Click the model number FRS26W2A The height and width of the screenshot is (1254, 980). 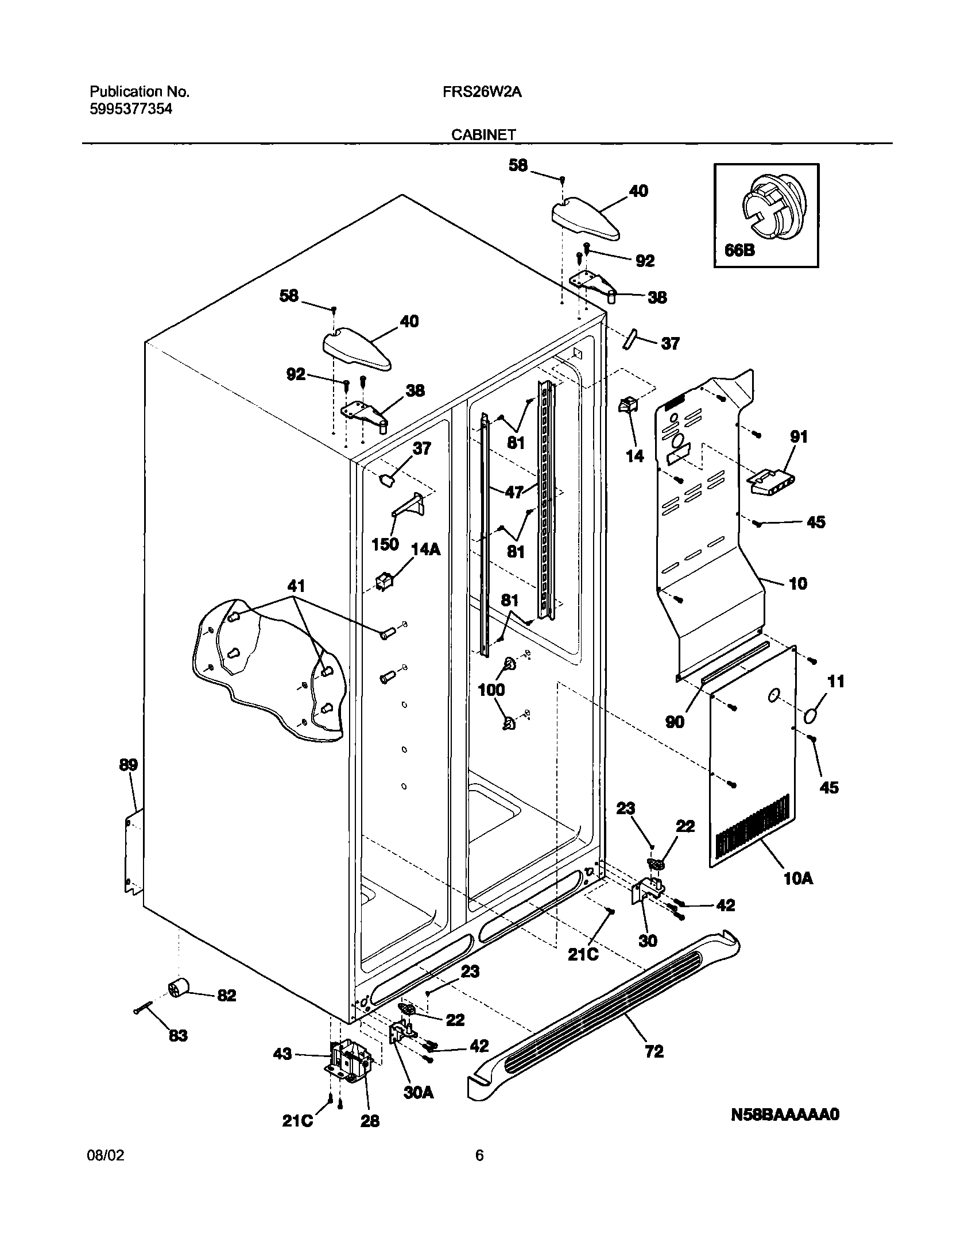[x=482, y=92]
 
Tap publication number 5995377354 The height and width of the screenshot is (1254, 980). [x=130, y=109]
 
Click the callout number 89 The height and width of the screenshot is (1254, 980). [x=129, y=765]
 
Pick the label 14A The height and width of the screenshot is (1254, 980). [x=425, y=549]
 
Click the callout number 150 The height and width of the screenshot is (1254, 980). [x=385, y=544]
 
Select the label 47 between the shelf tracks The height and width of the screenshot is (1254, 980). [x=514, y=492]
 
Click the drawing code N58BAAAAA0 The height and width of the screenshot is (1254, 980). [x=785, y=1131]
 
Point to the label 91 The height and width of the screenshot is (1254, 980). [x=799, y=437]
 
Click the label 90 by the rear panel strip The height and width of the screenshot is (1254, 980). [x=675, y=722]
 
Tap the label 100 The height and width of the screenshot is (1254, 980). [x=491, y=690]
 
